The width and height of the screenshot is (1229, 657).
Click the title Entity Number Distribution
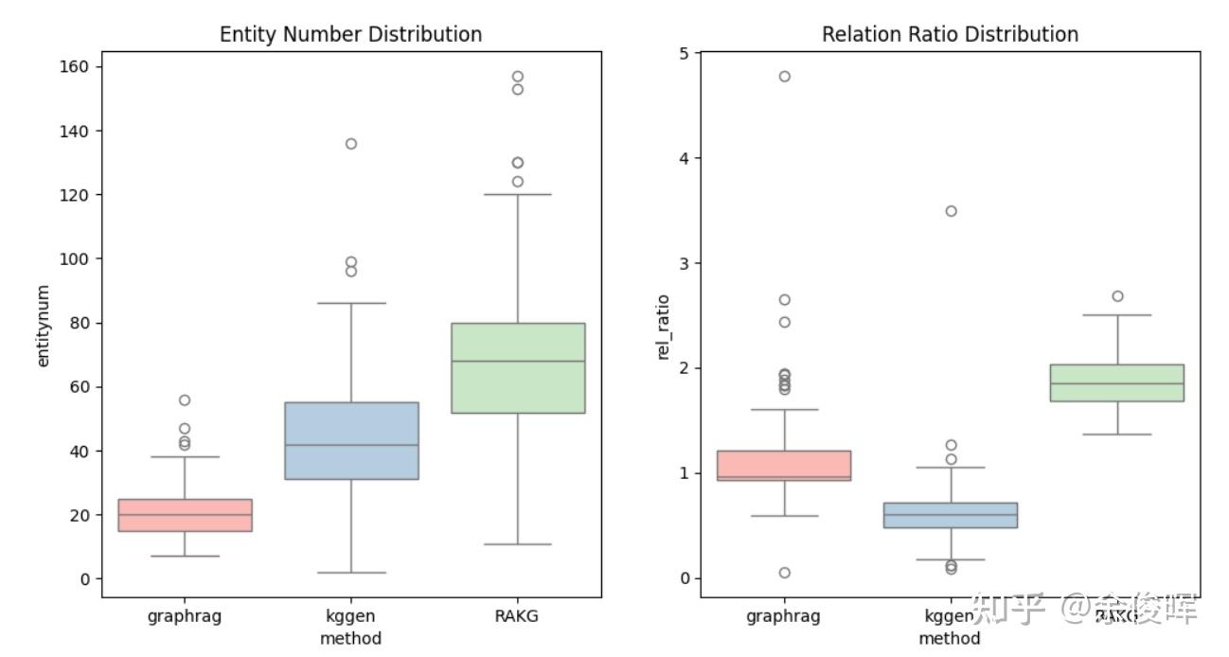350,34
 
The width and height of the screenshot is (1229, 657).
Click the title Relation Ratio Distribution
950,34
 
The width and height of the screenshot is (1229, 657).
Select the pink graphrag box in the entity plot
185,515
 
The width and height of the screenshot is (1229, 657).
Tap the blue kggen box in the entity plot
351,440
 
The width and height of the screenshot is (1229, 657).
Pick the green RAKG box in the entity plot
518,367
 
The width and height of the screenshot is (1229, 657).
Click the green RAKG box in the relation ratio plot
1117,382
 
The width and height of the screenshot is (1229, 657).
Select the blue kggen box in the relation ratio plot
951,515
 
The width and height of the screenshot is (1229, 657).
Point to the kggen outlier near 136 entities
351,144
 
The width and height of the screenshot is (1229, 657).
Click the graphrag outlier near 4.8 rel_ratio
784,77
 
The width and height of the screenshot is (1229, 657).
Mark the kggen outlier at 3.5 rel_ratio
951,211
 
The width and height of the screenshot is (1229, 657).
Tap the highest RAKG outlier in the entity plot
518,77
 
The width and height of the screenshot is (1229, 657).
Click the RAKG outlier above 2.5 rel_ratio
1117,296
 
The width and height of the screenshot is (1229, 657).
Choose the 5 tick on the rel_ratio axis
684,53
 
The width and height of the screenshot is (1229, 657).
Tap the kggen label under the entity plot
350,616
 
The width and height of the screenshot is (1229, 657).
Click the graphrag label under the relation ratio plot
783,616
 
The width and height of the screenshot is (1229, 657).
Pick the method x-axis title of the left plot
350,638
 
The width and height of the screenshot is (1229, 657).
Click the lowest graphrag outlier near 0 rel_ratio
784,573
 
